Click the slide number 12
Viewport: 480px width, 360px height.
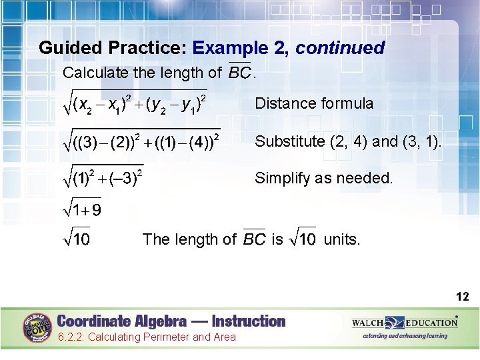pyautogui.click(x=463, y=297)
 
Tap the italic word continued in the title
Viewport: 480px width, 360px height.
pyautogui.click(x=340, y=48)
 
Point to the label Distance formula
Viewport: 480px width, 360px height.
pyautogui.click(x=314, y=103)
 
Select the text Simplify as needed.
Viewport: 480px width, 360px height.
pyautogui.click(x=324, y=178)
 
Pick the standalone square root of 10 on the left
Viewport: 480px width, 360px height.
pyautogui.click(x=77, y=239)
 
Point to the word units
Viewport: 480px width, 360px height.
pyautogui.click(x=342, y=239)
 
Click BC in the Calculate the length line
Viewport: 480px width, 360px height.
pyautogui.click(x=239, y=72)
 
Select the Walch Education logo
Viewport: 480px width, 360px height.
pyautogui.click(x=405, y=323)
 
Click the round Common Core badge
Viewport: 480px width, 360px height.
pyautogui.click(x=38, y=328)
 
